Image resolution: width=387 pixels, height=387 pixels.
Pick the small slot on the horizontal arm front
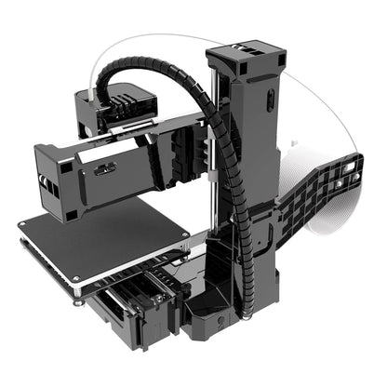point(103,169)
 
